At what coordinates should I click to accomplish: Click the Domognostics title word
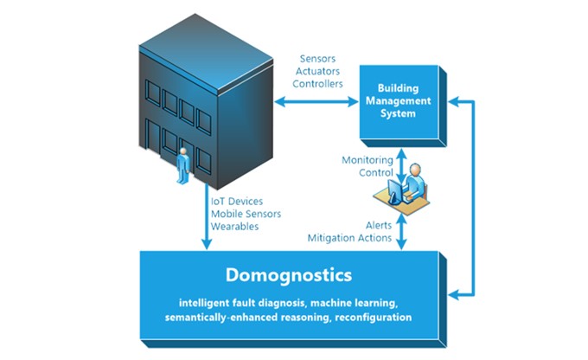(x=289, y=275)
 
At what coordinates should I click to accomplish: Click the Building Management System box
(x=403, y=106)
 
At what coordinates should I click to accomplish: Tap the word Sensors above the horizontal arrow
(x=317, y=59)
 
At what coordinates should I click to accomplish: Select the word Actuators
(x=317, y=71)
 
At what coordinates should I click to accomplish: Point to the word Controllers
(x=317, y=84)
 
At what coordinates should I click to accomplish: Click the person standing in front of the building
(x=183, y=165)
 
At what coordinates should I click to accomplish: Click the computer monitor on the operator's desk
(x=394, y=191)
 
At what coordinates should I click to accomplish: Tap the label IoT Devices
(x=237, y=202)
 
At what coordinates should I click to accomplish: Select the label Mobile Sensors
(x=246, y=214)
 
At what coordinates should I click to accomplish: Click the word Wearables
(x=234, y=227)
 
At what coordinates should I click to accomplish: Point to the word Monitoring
(x=367, y=160)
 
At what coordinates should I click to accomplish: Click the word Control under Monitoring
(x=376, y=173)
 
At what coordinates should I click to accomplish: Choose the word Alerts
(x=379, y=225)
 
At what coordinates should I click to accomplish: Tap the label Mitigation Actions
(x=349, y=238)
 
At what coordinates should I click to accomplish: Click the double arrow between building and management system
(x=316, y=101)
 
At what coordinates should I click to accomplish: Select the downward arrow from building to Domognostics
(x=207, y=216)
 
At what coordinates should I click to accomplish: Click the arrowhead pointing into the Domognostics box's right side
(x=453, y=294)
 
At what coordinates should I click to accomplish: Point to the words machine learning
(x=354, y=303)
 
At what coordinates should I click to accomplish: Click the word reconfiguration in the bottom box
(x=374, y=318)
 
